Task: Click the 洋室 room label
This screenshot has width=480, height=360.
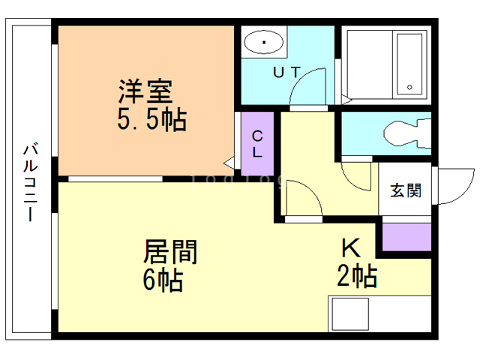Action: [145, 91]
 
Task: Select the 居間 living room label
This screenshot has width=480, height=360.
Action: [170, 251]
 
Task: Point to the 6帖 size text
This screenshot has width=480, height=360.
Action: [163, 280]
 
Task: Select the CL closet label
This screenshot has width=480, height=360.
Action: [256, 144]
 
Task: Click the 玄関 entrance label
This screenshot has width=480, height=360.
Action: [405, 190]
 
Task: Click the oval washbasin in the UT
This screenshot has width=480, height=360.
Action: [264, 43]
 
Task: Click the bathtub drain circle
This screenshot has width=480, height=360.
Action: [410, 88]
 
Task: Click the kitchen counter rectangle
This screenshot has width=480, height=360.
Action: [379, 313]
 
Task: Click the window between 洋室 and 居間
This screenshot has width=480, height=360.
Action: [115, 178]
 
